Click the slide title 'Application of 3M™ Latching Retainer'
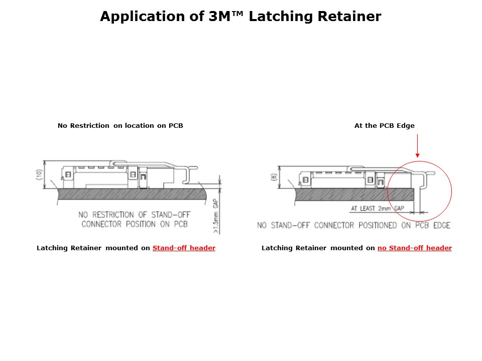tap(240, 16)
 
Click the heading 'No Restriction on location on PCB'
tap(120, 125)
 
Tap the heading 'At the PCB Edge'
tap(385, 125)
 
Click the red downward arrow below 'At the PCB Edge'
tap(417, 146)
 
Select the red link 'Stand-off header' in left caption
tap(184, 248)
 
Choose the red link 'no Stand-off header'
tap(415, 248)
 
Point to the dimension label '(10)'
tap(39, 174)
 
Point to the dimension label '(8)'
tap(274, 177)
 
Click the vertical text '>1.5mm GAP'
tap(216, 216)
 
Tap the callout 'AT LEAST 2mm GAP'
tap(378, 209)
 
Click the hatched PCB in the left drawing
tap(132, 195)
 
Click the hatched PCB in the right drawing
tap(354, 195)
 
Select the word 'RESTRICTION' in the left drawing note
tap(113, 215)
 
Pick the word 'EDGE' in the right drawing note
tap(442, 225)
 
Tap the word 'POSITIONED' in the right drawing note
tap(378, 225)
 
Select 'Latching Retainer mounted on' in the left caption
tap(93, 248)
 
